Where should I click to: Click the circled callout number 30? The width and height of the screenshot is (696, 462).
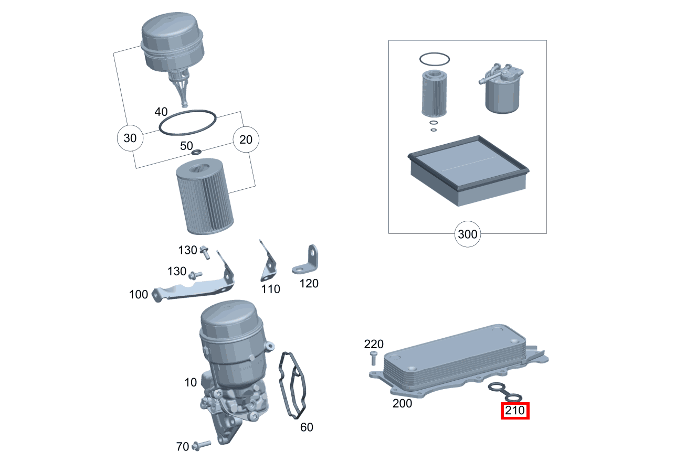pyautogui.click(x=130, y=138)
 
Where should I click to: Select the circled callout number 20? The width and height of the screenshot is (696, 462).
pyautogui.click(x=246, y=139)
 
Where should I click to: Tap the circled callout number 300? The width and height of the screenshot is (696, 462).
pyautogui.click(x=467, y=234)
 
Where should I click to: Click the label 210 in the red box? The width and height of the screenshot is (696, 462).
pyautogui.click(x=515, y=411)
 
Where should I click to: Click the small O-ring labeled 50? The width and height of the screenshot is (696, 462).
pyautogui.click(x=197, y=152)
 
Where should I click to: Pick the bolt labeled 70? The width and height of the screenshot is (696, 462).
pyautogui.click(x=201, y=445)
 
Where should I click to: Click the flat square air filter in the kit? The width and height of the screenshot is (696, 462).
pyautogui.click(x=467, y=170)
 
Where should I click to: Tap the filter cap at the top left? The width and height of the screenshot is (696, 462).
pyautogui.click(x=172, y=47)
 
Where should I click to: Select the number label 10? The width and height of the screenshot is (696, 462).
pyautogui.click(x=191, y=382)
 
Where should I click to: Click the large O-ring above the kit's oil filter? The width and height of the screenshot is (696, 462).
pyautogui.click(x=434, y=59)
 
